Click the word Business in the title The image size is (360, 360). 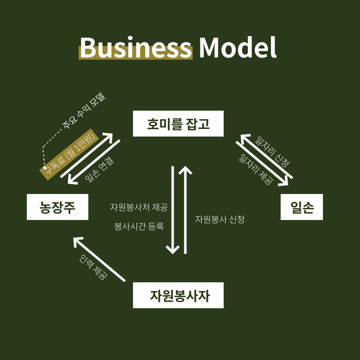click(x=136, y=48)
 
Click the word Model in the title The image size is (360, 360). click(x=237, y=48)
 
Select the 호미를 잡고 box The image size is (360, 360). click(x=178, y=124)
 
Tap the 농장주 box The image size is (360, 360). click(x=57, y=207)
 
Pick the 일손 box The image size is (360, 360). click(x=302, y=207)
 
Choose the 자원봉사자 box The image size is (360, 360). click(x=178, y=295)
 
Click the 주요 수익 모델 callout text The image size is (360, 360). click(x=84, y=111)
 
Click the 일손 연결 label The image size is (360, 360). click(x=99, y=170)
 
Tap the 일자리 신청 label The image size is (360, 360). click(x=272, y=151)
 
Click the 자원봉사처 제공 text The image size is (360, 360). click(x=139, y=207)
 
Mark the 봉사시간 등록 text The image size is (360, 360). click(x=139, y=227)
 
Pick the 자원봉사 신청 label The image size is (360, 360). click(x=220, y=219)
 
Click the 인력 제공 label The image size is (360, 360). click(x=94, y=267)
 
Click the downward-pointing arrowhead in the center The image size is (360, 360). click(x=173, y=250)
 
